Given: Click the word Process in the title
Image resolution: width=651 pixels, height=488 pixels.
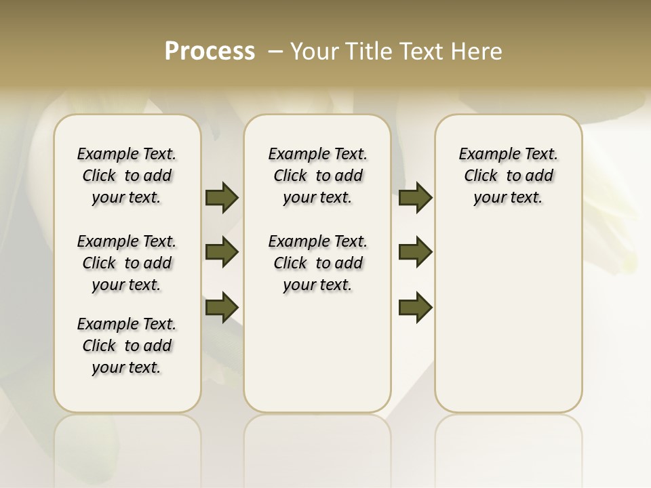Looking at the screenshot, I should (210, 52).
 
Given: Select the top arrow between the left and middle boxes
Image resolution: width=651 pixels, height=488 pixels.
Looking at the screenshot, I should (222, 197).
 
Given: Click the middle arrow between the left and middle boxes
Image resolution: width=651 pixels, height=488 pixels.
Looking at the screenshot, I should (222, 252).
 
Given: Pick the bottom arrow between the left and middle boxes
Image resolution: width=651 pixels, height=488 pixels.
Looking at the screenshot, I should (222, 306).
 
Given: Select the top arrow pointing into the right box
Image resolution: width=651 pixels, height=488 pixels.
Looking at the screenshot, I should (415, 197).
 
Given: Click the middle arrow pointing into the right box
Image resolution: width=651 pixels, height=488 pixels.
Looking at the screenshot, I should (415, 252).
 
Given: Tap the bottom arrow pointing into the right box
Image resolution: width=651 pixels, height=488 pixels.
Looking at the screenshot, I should (415, 306).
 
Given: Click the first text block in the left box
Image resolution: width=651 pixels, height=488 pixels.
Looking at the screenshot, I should (127, 176).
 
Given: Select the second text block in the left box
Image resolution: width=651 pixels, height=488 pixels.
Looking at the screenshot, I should (127, 263).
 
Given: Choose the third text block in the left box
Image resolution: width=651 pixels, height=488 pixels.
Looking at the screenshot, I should (127, 346).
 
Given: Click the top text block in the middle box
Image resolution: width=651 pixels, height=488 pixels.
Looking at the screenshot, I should (317, 176).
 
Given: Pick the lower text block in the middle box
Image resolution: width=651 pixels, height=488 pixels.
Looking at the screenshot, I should (317, 263).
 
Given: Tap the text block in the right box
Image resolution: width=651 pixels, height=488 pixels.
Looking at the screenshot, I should (508, 176).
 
